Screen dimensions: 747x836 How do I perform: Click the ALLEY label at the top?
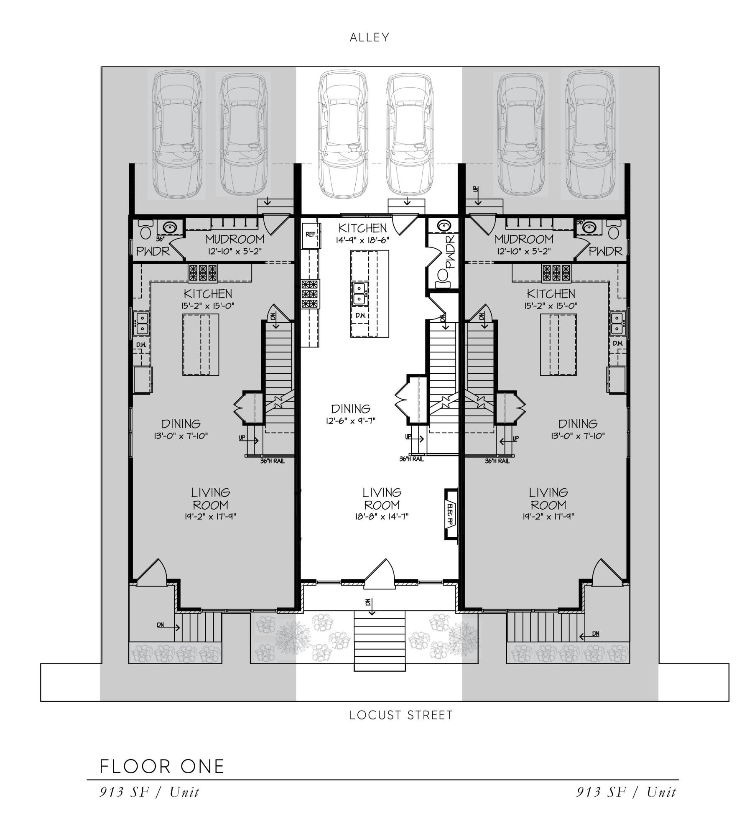[370, 38]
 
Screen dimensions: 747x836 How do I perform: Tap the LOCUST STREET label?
[401, 715]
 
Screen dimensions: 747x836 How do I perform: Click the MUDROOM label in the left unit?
[235, 240]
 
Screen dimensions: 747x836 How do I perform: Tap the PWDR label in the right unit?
[605, 251]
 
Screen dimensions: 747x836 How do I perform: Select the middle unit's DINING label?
[351, 409]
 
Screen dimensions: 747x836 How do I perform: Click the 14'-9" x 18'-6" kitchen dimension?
[363, 241]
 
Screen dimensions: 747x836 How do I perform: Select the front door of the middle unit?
[380, 572]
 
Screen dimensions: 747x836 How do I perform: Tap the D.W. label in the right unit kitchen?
[618, 344]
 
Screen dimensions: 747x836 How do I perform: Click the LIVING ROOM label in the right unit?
[548, 499]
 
